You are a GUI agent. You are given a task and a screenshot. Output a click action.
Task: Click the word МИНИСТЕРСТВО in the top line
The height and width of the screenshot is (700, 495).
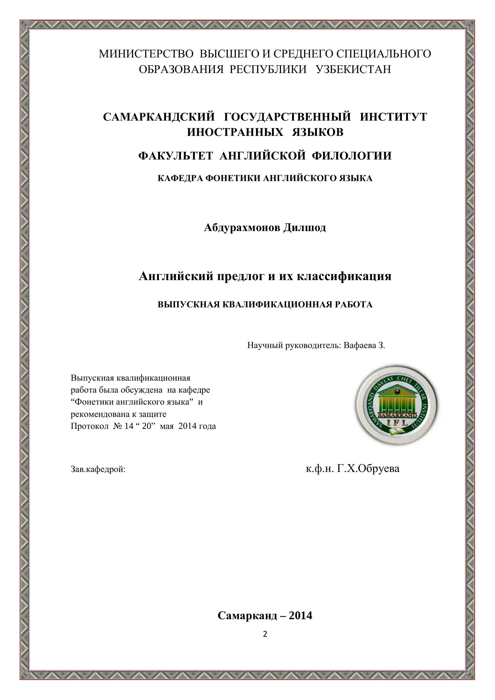146,54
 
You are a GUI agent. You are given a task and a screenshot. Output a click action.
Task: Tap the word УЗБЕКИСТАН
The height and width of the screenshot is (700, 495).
353,69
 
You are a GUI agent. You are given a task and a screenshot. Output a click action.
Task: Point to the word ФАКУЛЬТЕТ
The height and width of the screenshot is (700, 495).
175,156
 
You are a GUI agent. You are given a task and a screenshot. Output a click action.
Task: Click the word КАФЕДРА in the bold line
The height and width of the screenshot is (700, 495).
180,178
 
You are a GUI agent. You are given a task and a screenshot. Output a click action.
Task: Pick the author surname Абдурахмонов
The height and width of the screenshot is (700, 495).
242,227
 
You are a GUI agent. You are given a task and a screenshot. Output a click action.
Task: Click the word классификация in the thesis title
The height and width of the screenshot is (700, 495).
344,276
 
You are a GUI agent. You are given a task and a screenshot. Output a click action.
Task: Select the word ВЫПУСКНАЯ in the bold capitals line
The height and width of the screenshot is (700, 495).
188,305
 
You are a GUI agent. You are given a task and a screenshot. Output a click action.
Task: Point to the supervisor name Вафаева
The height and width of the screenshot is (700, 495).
359,345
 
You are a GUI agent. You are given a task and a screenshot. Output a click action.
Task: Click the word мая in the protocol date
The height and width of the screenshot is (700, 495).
166,426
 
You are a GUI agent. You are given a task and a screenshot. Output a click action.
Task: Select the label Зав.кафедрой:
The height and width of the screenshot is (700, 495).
98,469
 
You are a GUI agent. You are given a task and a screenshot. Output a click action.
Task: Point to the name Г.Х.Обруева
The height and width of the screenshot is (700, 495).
368,469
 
